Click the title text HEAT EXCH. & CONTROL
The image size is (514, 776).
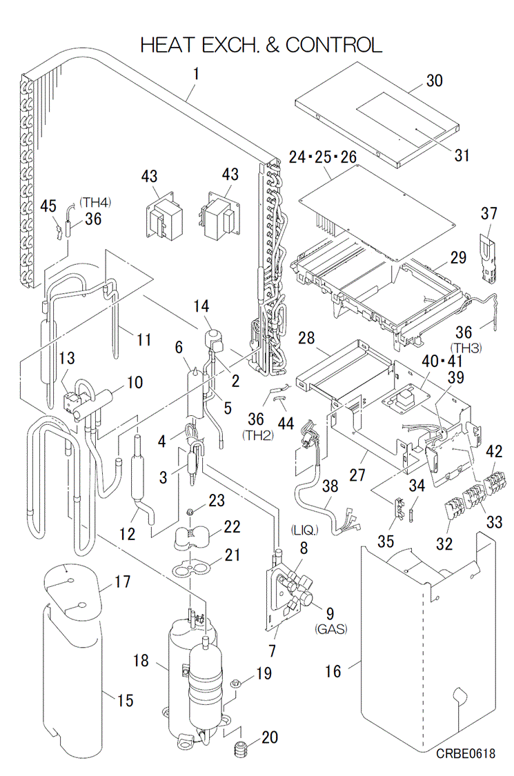point(261,45)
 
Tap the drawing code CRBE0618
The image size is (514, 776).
point(465,755)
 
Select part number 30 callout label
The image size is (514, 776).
point(434,80)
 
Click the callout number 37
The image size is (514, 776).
point(489,214)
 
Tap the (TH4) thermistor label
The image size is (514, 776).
point(95,202)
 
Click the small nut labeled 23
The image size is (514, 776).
point(188,513)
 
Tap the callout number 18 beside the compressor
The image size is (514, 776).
point(141,661)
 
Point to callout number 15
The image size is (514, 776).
point(124,701)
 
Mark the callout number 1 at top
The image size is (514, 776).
point(196,71)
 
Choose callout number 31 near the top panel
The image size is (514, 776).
point(462,155)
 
